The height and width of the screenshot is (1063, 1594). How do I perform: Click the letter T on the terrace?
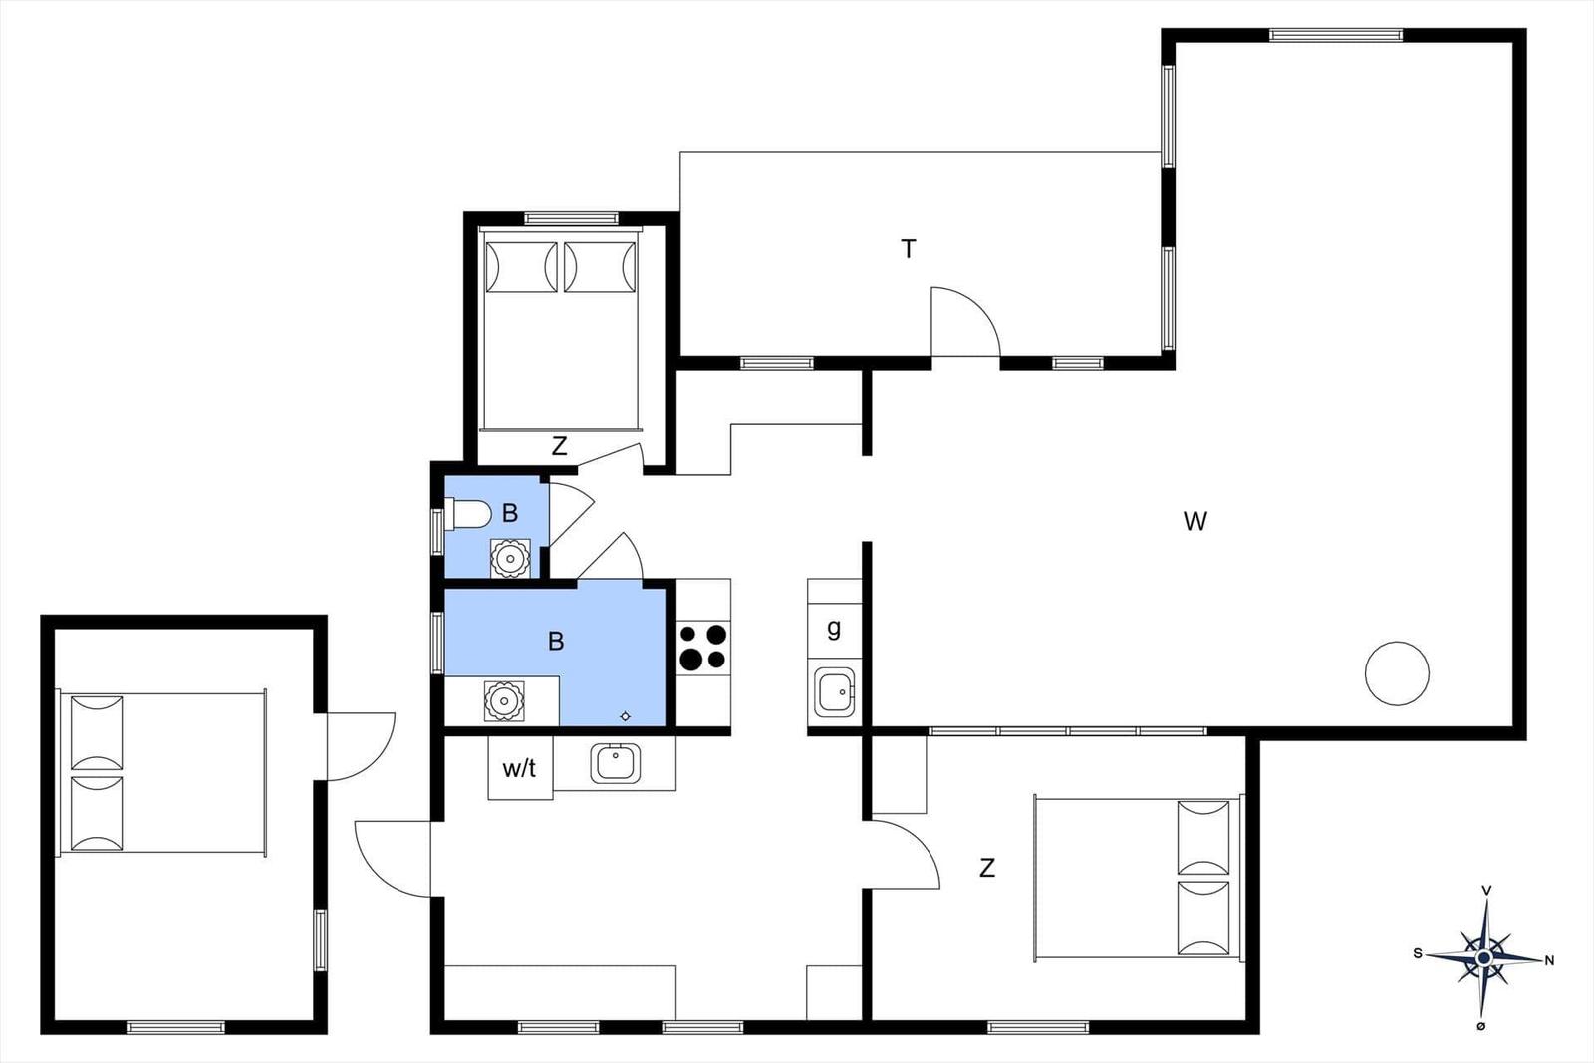pyautogui.click(x=908, y=249)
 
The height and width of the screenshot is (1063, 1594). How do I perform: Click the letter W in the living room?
pyautogui.click(x=1195, y=522)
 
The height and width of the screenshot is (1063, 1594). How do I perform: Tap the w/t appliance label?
pyautogui.click(x=519, y=768)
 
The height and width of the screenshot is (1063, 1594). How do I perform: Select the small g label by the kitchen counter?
pyautogui.click(x=834, y=629)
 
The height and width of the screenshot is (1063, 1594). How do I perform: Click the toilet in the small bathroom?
pyautogui.click(x=467, y=514)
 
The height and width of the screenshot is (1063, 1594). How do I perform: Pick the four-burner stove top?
pyautogui.click(x=702, y=647)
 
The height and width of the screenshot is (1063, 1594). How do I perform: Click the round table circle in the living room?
pyautogui.click(x=1397, y=673)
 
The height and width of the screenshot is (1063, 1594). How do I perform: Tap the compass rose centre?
pyautogui.click(x=1483, y=958)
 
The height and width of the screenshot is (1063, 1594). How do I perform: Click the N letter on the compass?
pyautogui.click(x=1548, y=960)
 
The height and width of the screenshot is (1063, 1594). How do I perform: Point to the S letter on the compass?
pyautogui.click(x=1418, y=953)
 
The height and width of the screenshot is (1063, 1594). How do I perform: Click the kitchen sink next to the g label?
pyautogui.click(x=835, y=692)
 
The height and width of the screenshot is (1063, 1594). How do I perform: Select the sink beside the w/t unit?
pyautogui.click(x=615, y=763)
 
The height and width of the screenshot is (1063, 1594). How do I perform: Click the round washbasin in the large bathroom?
pyautogui.click(x=504, y=700)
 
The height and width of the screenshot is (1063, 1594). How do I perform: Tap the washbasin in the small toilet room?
pyautogui.click(x=510, y=559)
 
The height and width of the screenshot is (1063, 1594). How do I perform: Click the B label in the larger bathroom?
pyautogui.click(x=556, y=641)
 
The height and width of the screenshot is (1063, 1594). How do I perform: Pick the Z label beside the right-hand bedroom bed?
pyautogui.click(x=987, y=868)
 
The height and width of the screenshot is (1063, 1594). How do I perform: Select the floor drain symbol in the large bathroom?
pyautogui.click(x=625, y=716)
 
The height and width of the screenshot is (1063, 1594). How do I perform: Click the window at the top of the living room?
pyautogui.click(x=1336, y=34)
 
